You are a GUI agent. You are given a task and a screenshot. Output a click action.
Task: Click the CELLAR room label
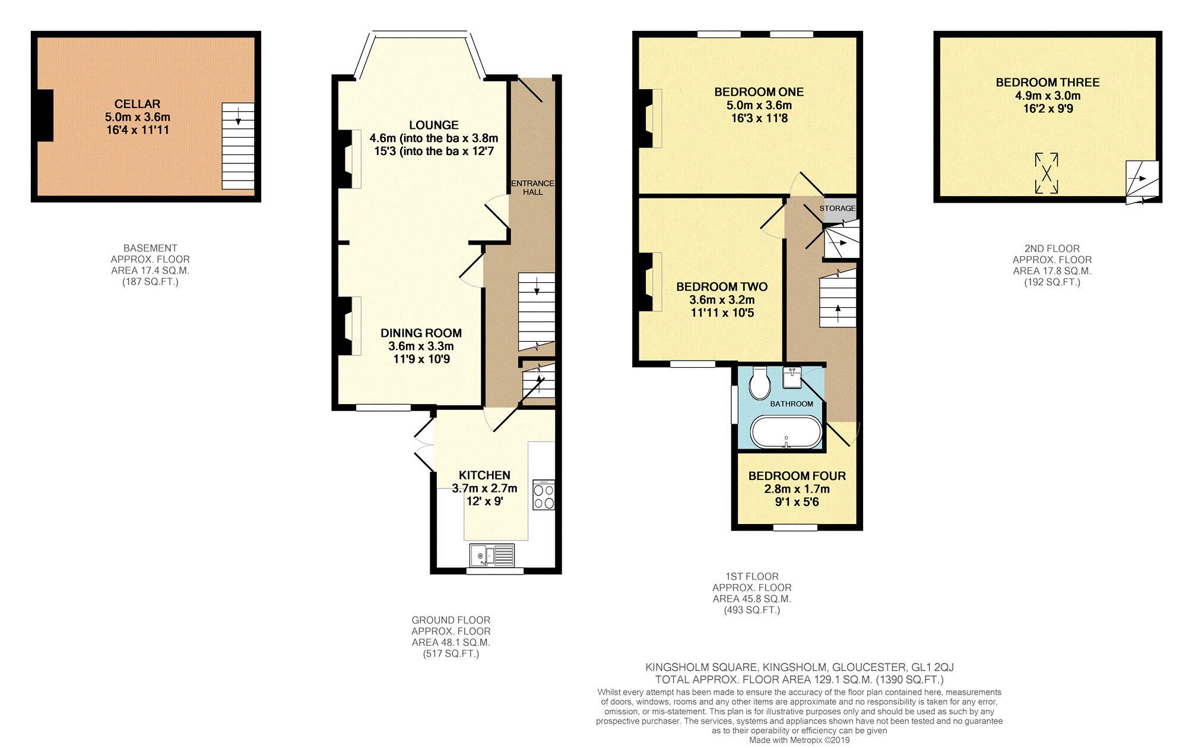point(137,104)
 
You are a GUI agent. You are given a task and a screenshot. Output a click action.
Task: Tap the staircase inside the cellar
point(238,146)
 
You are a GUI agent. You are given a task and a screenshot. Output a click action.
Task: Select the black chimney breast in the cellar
point(45,115)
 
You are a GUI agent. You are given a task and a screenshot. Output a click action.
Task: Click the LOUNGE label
point(434,125)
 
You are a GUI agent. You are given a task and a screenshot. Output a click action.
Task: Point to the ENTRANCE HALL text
point(532,188)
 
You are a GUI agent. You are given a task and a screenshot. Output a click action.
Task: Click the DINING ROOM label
point(421,333)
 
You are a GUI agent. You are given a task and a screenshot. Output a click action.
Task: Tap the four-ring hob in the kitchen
point(544,495)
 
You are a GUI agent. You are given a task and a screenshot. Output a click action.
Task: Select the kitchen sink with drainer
point(492,556)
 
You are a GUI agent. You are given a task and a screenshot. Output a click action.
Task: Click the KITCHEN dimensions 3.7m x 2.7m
point(484,488)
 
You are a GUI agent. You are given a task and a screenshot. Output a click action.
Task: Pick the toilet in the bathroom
point(760,383)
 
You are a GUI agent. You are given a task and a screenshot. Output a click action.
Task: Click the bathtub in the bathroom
point(786,432)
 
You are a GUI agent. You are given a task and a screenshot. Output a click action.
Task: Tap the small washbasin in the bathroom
point(792,377)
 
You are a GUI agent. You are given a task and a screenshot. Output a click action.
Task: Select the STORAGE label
point(838,209)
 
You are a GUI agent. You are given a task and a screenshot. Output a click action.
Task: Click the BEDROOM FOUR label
point(797,476)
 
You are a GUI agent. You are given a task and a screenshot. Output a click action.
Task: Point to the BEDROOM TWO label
point(722,287)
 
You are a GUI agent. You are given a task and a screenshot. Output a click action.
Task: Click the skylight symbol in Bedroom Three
point(1046,173)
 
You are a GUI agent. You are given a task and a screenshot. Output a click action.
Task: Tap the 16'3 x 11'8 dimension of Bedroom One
point(759,118)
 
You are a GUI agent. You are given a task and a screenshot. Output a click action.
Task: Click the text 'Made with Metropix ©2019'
point(799,740)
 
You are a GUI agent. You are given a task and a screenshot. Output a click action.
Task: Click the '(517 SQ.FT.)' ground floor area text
point(451,654)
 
